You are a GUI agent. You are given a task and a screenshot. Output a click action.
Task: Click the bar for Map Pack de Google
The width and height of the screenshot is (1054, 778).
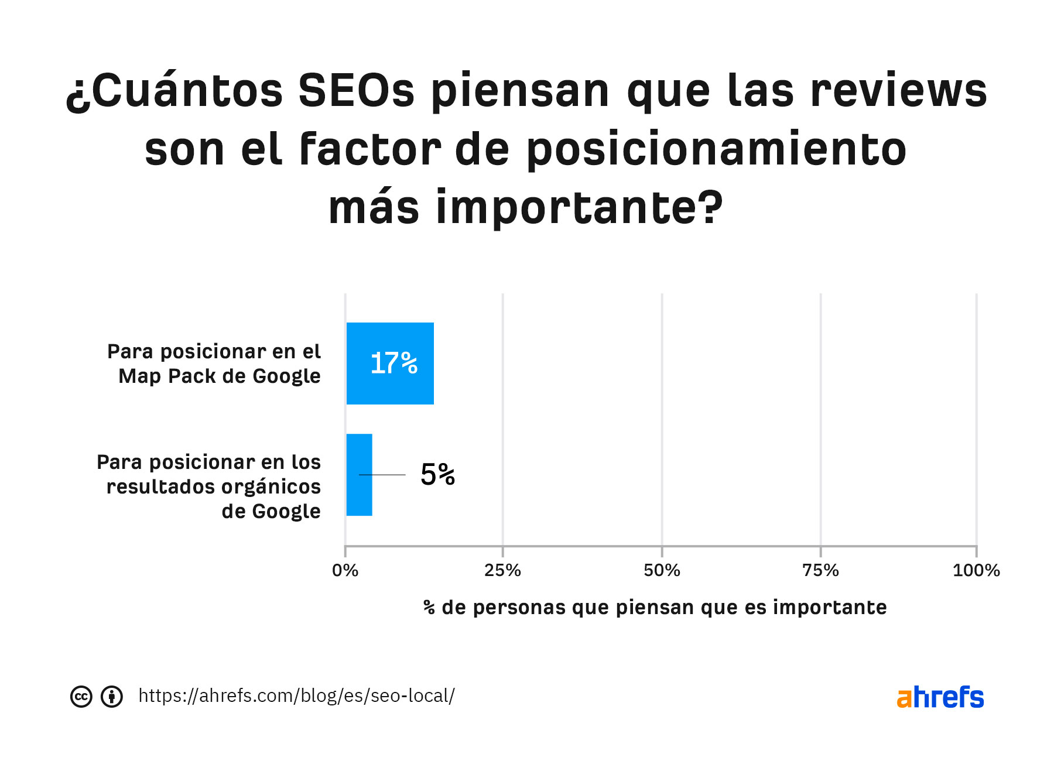point(390,364)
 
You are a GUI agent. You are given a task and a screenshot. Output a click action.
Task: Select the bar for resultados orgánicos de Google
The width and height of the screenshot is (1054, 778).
point(359,475)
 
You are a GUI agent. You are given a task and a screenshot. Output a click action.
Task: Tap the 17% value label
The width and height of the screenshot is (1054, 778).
point(394,364)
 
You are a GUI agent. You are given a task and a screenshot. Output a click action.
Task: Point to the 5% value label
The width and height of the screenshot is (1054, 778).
point(437,475)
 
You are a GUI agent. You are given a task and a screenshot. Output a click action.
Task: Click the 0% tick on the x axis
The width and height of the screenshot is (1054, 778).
point(345,570)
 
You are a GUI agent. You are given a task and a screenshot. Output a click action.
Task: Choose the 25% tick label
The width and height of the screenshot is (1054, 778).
point(502,570)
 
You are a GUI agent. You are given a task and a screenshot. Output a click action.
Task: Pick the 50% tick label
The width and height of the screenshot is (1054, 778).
point(662,570)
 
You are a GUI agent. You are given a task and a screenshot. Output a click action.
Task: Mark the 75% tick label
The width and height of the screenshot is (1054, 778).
point(820,570)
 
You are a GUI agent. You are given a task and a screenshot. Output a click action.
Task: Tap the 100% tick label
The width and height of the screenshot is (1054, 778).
point(976,570)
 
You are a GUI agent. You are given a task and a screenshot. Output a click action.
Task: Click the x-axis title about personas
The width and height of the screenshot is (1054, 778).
point(655,608)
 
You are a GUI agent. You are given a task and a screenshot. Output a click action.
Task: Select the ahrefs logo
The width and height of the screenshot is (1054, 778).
point(940,697)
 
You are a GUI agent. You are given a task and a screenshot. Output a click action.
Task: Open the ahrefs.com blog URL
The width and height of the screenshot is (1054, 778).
point(296,696)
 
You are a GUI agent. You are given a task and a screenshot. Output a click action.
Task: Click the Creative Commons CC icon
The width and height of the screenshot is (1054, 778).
point(81,697)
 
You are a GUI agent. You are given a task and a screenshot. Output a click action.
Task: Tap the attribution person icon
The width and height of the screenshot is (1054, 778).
point(112,697)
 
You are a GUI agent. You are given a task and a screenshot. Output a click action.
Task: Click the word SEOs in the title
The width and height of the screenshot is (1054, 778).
point(357,91)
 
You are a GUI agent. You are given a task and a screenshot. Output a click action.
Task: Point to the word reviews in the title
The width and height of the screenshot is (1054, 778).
point(899,91)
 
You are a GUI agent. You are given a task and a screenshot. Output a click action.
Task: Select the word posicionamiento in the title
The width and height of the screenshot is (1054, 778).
point(716,150)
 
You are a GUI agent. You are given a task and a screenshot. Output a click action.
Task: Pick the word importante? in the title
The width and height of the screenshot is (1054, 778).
point(580,208)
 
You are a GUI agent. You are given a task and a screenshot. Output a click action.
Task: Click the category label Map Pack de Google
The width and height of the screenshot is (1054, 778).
point(214,364)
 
